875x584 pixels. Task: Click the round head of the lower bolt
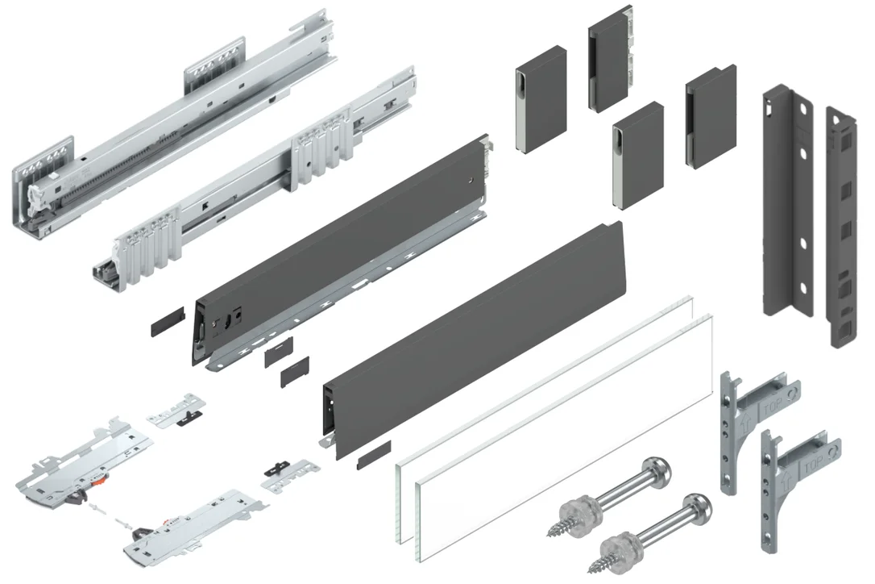(698, 508)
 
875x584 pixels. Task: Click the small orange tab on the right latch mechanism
(167, 520)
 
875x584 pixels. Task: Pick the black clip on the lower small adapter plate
(276, 469)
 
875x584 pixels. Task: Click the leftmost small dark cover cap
(168, 321)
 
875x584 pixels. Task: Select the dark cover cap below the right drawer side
(374, 454)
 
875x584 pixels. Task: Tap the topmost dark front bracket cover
(610, 59)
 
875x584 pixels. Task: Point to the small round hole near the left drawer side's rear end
(472, 180)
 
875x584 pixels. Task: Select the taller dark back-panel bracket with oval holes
(788, 201)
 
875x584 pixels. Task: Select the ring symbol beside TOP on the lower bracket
(835, 448)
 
